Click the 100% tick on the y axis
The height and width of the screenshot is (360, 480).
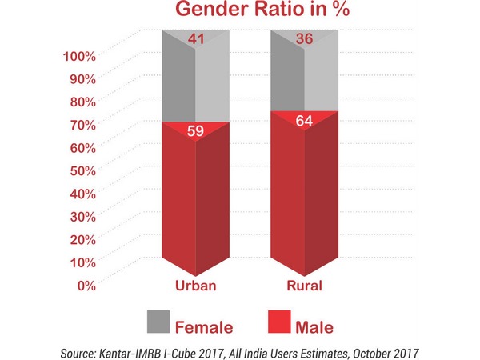point(79,56)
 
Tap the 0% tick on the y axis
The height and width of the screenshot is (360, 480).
point(86,286)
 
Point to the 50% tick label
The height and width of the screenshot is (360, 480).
point(82,170)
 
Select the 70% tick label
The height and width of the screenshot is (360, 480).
point(82,125)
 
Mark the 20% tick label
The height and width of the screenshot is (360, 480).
point(82,240)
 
